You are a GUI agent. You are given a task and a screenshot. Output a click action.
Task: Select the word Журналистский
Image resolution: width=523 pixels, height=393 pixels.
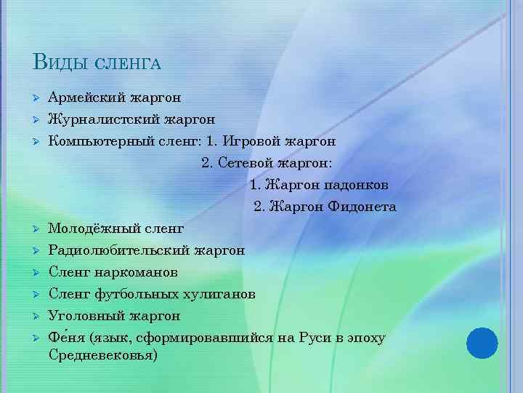[102, 118]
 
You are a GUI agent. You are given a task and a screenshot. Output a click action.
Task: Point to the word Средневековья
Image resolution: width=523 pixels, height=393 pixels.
[102, 357]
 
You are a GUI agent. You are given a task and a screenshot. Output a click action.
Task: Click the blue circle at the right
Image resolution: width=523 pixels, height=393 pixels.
[482, 341]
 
